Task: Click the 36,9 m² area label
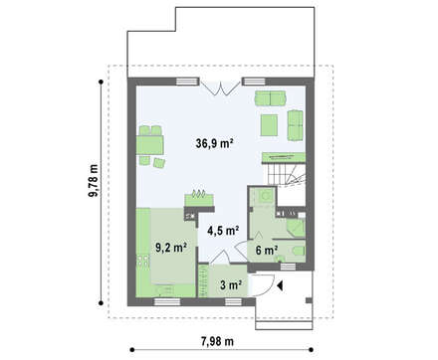[214, 143]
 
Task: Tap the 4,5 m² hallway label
[223, 230]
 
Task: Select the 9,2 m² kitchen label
[171, 247]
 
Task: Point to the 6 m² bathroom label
[267, 250]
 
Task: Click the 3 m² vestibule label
[231, 284]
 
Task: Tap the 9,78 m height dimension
[94, 181]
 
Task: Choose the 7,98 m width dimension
[217, 341]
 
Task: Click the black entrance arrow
[280, 285]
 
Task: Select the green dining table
[150, 145]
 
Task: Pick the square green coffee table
[269, 125]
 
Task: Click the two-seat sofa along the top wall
[271, 97]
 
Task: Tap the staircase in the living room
[287, 175]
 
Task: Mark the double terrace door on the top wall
[221, 88]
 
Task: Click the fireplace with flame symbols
[199, 198]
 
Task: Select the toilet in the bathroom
[298, 251]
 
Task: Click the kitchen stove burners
[144, 261]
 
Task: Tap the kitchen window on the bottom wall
[167, 301]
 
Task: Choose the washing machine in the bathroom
[266, 196]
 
